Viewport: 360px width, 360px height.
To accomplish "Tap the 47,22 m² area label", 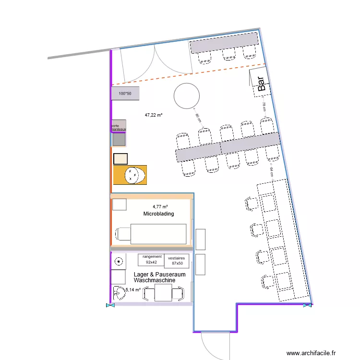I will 154,115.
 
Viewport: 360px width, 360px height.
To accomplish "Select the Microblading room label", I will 158,214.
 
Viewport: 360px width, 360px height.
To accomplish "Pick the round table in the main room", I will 186,96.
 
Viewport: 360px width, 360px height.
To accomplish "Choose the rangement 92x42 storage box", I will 152,260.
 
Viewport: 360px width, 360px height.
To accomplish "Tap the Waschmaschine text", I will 154,280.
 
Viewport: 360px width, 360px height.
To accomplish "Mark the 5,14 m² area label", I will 133,290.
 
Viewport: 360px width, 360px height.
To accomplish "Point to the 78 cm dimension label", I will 264,107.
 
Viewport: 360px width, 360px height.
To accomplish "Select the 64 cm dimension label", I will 271,172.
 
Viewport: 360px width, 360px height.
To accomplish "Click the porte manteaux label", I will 118,127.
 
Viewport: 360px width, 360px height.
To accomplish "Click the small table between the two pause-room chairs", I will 164,292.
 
